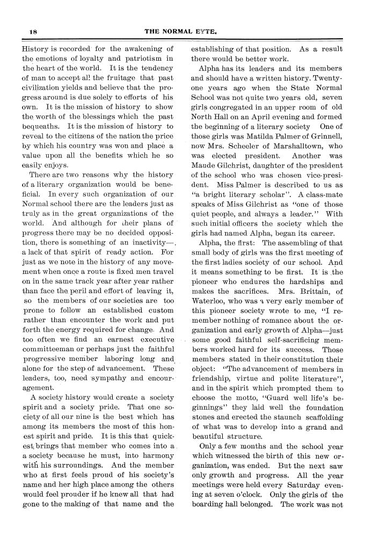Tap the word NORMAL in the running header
pyautogui.click(x=182, y=32)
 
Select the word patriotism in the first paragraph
pyautogui.click(x=145, y=58)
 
